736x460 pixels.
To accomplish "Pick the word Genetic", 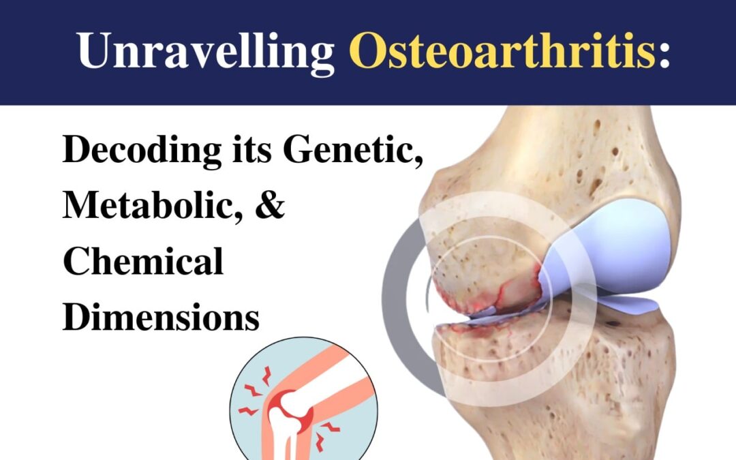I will tap(353, 151).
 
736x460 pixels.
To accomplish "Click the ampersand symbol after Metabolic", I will tap(271, 206).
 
